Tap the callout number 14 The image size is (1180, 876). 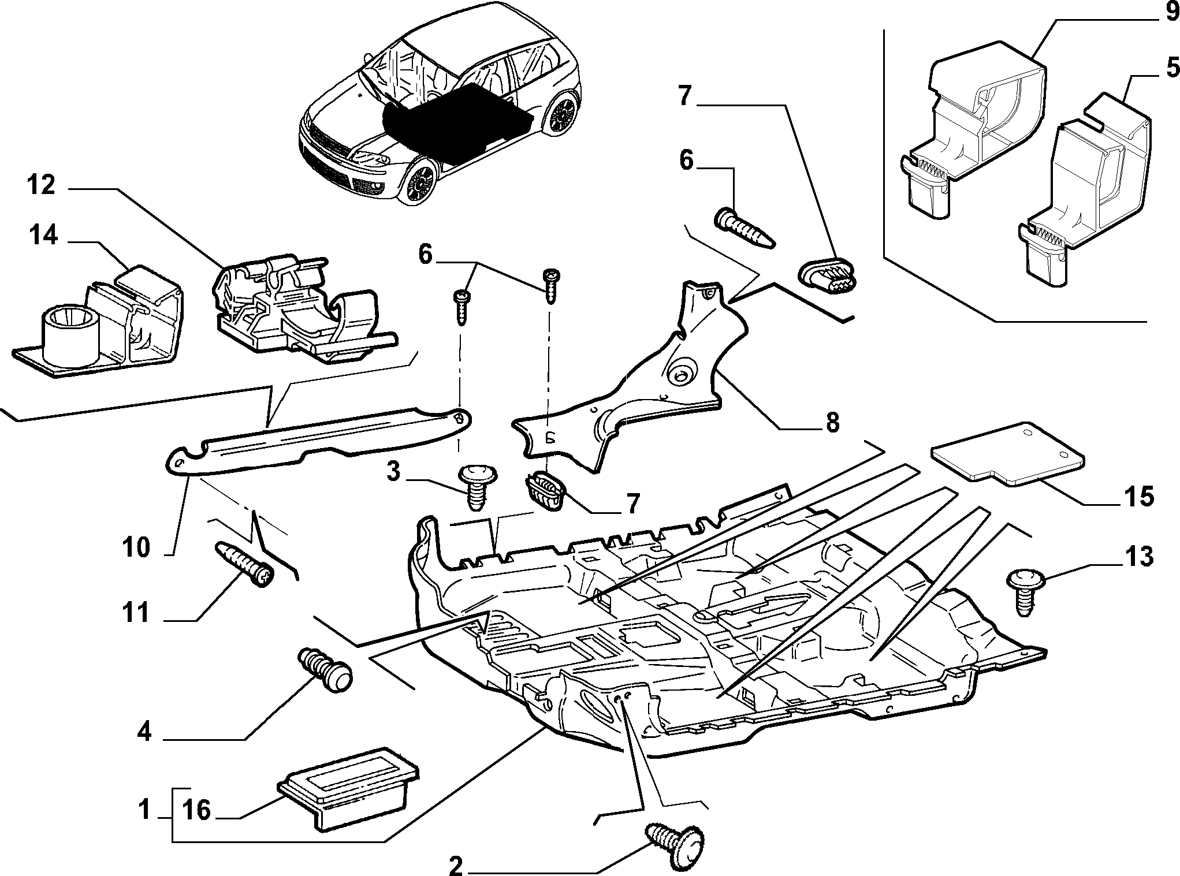click(x=44, y=236)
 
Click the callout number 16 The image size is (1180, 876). click(x=196, y=810)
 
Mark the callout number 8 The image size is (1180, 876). click(x=831, y=423)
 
